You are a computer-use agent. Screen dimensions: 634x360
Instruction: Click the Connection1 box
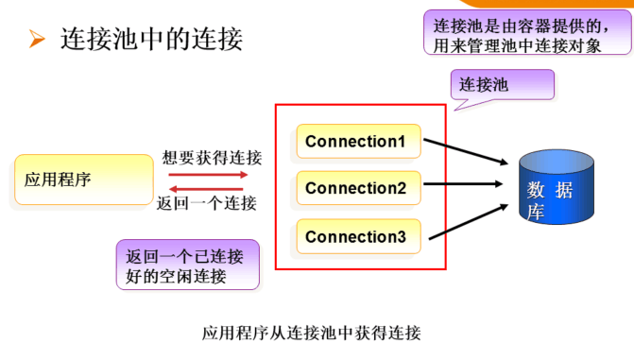coord(359,141)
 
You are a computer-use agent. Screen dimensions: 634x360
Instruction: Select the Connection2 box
coord(359,188)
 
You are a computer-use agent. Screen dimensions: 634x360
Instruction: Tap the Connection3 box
coord(359,236)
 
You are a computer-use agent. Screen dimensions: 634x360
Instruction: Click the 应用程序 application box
coord(84,180)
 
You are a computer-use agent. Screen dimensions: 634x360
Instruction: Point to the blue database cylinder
coord(557,186)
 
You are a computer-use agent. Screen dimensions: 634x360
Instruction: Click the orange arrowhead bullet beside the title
coord(37,39)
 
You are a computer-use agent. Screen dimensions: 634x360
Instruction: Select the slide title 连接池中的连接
coord(151,40)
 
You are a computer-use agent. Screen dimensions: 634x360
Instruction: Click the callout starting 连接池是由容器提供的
coord(527,33)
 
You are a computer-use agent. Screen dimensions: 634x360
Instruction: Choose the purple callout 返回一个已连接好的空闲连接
coord(188,265)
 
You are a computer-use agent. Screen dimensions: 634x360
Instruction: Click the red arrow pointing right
coord(208,175)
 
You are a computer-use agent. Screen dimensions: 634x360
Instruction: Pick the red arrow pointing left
coord(206,189)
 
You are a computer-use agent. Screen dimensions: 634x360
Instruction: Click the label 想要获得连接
coord(212,158)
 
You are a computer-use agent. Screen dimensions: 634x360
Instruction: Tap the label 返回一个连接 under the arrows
coord(207,203)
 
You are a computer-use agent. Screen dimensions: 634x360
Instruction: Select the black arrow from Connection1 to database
coord(466,151)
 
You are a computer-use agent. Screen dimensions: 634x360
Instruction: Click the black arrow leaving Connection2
coord(463,184)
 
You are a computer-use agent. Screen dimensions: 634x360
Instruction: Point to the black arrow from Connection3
coord(469,222)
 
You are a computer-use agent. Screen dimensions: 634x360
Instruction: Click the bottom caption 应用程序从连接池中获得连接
coord(312,333)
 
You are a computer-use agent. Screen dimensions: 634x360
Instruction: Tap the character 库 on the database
coord(536,212)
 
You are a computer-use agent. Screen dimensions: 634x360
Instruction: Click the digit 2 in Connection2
coord(402,188)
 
